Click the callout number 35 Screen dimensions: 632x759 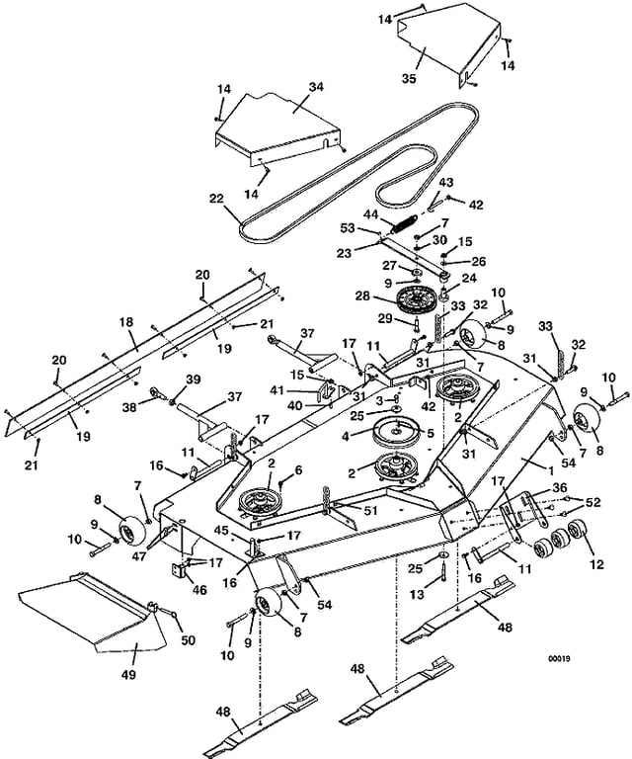[x=409, y=78]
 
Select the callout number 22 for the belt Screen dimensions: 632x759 [x=217, y=199]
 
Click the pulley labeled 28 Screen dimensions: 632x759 [x=416, y=301]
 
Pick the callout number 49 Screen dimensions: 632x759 [x=129, y=674]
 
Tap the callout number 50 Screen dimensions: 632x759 [x=188, y=640]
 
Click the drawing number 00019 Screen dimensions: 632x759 [x=559, y=659]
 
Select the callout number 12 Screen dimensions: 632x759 [x=597, y=564]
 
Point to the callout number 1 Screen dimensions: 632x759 [x=550, y=469]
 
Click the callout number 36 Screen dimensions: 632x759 [x=562, y=488]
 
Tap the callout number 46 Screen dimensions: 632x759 [x=199, y=590]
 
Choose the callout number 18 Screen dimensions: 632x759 [x=126, y=322]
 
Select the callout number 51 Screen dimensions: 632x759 [x=371, y=511]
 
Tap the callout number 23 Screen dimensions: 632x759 [x=345, y=253]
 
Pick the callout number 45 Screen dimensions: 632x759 [x=222, y=531]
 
